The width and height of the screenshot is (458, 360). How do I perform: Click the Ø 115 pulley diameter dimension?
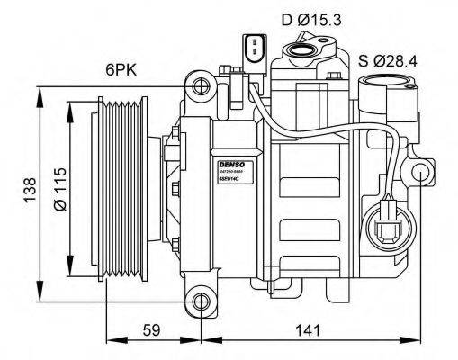[61, 190]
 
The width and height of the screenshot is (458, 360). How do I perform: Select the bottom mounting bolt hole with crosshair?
[201, 297]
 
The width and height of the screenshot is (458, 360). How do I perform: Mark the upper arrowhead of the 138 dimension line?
[40, 91]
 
